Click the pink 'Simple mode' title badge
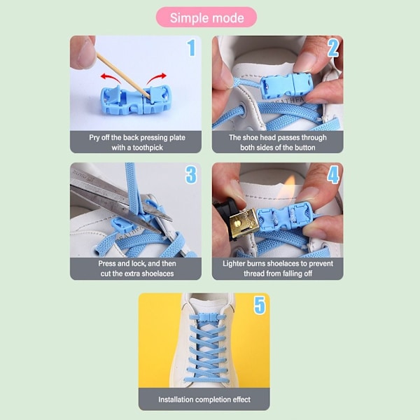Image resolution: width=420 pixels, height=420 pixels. coord(206,17)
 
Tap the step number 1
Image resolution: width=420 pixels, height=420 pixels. coord(191,48)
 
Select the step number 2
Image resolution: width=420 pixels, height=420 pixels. coord(333,48)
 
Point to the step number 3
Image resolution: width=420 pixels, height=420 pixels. coord(191,174)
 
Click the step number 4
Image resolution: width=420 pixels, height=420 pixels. coord(333,174)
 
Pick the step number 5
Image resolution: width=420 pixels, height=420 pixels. coord(260,304)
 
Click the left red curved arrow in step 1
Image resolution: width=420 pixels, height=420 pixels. coord(111,78)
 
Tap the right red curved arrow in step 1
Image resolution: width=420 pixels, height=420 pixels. coord(156,78)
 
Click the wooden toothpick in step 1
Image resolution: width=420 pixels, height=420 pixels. coord(123,76)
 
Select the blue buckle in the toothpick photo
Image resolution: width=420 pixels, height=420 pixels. coord(135,99)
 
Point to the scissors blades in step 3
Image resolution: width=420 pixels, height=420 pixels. coord(120,204)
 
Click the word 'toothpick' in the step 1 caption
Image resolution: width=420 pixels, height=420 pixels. coord(148,148)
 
